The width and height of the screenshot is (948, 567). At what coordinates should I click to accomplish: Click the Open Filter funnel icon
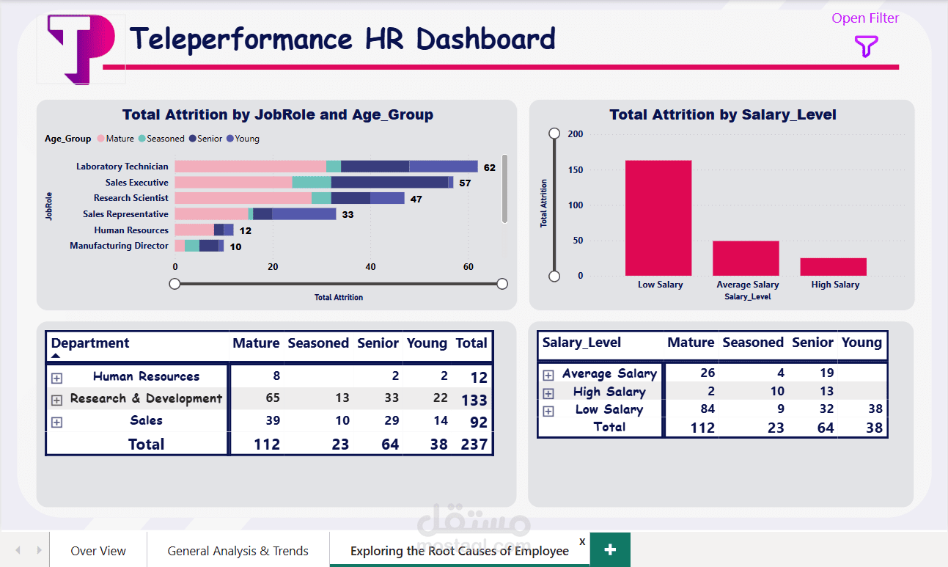click(866, 47)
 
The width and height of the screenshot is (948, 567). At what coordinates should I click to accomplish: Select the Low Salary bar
click(658, 217)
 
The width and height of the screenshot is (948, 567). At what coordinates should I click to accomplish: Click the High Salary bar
click(833, 267)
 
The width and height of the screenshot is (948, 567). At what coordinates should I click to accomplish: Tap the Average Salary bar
click(746, 258)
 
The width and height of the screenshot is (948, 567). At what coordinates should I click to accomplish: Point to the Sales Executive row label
click(136, 183)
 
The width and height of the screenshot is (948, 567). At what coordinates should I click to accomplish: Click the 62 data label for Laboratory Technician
click(489, 167)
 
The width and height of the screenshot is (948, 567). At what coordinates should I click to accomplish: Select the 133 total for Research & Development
click(474, 400)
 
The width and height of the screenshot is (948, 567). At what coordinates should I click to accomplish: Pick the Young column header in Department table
click(427, 343)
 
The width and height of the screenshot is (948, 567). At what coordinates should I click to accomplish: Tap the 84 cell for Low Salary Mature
click(707, 409)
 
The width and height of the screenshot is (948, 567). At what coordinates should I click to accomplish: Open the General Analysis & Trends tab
click(238, 551)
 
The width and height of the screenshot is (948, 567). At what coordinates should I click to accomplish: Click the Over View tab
click(98, 551)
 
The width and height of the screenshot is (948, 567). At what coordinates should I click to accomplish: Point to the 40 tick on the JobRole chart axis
click(370, 267)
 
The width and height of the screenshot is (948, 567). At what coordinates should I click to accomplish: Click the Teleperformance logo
click(81, 48)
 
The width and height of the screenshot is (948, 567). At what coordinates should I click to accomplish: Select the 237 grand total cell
click(474, 445)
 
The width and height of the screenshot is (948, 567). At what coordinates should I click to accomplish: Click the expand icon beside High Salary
click(548, 393)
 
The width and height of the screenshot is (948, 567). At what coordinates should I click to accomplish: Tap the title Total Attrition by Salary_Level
click(722, 114)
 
